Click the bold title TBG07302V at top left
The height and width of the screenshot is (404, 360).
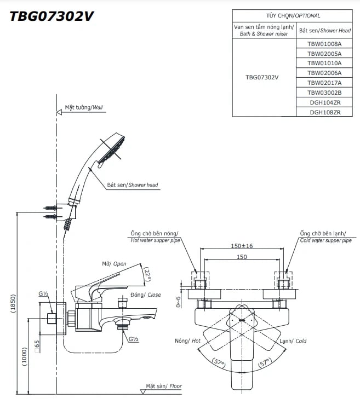50,16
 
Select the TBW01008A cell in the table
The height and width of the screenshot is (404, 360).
324,44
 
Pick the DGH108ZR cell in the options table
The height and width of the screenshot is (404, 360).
324,112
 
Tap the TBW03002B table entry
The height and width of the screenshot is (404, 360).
324,93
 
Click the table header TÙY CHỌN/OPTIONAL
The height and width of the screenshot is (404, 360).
292,16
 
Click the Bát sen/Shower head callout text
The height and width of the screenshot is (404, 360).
132,185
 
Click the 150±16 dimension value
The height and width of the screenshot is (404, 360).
242,246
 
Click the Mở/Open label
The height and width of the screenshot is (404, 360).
114,264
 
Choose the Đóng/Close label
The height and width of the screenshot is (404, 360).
146,295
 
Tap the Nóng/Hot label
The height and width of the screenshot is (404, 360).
188,341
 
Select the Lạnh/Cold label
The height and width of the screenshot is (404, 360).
293,341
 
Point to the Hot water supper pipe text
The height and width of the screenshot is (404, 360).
155,240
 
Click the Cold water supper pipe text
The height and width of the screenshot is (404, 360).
325,240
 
